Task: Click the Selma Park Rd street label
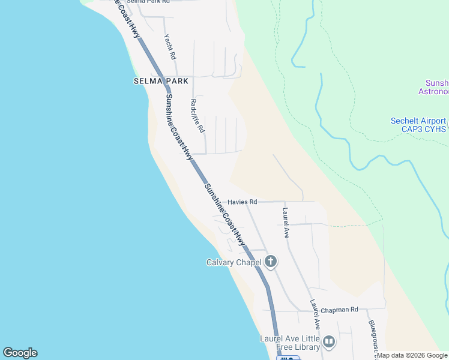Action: pos(148,2)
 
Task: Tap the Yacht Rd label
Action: pos(170,46)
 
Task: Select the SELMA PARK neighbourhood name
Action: pos(161,81)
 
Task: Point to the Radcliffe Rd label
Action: pos(197,115)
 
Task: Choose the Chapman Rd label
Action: pos(339,310)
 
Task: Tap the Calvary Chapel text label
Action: pos(233,262)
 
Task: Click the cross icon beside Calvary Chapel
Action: pos(271,261)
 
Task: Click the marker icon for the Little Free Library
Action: pos(328,342)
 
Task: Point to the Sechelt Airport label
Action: pos(418,121)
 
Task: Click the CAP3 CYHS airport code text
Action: pos(418,129)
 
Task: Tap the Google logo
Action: pos(20,353)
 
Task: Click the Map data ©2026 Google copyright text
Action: pos(412,355)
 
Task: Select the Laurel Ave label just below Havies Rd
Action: pos(286,223)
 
